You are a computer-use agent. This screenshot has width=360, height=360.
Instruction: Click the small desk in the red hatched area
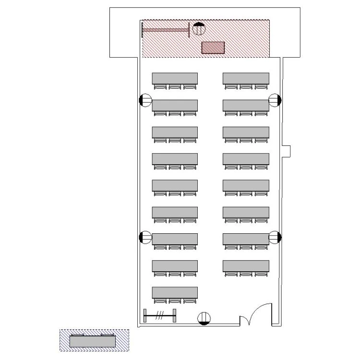[x=213, y=47]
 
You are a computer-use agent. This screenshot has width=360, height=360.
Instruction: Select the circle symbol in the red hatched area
[x=199, y=29]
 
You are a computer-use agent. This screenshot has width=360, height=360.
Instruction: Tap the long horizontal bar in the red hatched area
[x=166, y=30]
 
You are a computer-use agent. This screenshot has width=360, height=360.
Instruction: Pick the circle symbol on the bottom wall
[x=204, y=318]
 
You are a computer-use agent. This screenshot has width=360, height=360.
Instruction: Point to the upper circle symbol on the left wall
[x=145, y=100]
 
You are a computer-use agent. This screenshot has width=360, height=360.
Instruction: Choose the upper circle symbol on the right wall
[x=275, y=100]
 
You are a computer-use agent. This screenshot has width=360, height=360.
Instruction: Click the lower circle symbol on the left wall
[x=145, y=237]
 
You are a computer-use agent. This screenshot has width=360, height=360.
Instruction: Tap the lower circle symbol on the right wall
[x=275, y=237]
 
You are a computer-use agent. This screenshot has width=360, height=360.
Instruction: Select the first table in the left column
[x=175, y=78]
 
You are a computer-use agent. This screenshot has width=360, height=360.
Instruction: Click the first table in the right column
[x=246, y=78]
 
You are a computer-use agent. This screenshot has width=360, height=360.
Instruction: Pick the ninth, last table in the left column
[x=175, y=292]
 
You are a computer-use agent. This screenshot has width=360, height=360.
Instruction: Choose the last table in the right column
[x=246, y=265]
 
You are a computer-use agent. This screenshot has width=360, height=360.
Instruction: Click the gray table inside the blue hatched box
[x=93, y=341]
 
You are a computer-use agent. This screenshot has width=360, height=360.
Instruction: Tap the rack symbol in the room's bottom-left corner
[x=160, y=316]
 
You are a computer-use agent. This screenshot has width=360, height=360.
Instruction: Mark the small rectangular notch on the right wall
[x=288, y=150]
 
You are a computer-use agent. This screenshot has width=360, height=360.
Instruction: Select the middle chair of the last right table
[x=246, y=274]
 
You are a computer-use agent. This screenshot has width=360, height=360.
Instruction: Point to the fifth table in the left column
[x=175, y=185]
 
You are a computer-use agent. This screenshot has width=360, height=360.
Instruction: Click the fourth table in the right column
[x=246, y=158]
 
